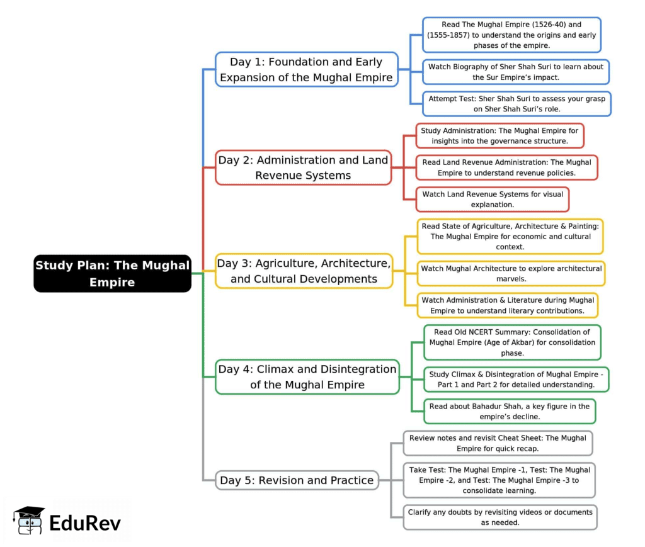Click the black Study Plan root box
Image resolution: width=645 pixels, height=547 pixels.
point(112,273)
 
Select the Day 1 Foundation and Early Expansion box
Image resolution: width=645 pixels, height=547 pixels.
point(307,69)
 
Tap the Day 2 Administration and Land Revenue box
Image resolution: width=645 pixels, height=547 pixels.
point(303,167)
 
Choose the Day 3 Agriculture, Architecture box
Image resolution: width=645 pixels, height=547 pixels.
point(304,271)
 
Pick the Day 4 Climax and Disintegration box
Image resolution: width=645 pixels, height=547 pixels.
point(307,376)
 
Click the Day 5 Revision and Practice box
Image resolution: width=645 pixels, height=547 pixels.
point(297,480)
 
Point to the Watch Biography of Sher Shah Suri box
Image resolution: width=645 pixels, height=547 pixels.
point(515,72)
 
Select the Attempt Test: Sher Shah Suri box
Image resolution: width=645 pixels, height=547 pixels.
point(516,104)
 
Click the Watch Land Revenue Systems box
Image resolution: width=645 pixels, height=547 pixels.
point(493,200)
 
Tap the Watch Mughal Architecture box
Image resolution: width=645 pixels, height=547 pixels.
point(511,274)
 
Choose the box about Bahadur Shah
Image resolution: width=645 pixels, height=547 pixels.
point(509,411)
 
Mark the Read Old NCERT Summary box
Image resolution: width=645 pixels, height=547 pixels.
point(511,342)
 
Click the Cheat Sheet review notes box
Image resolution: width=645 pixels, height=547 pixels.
point(498,443)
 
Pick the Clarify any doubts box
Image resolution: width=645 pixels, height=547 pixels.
point(500,517)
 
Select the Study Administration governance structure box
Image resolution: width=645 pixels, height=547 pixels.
point(499,136)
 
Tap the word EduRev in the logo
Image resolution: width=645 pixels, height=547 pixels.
point(85,522)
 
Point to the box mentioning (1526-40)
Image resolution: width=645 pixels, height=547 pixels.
point(511,35)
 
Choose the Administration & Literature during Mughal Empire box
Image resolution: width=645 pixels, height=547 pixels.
point(507,305)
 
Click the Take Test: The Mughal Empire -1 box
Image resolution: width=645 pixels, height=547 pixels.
point(499,480)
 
